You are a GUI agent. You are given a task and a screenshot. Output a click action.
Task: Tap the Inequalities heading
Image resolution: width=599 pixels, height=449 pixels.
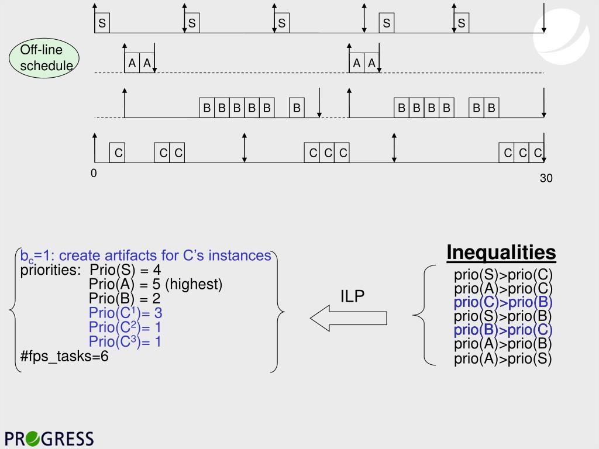(x=501, y=252)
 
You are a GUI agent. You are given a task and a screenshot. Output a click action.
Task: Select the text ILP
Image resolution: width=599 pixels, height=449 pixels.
(x=352, y=296)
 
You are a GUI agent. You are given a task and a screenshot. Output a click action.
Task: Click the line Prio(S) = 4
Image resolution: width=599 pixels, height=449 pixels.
(x=125, y=270)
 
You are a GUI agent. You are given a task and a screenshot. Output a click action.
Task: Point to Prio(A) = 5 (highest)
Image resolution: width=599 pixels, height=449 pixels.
(x=156, y=285)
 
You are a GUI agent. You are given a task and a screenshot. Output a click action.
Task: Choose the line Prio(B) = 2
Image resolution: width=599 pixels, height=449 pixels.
(x=125, y=299)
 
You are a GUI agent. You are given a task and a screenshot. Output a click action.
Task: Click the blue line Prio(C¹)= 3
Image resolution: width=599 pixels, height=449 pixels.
(x=125, y=313)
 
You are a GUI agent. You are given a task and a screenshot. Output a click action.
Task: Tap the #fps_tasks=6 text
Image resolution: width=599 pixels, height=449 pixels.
(x=64, y=356)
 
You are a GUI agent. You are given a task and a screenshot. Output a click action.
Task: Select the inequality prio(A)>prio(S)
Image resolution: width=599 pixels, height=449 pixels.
(x=503, y=359)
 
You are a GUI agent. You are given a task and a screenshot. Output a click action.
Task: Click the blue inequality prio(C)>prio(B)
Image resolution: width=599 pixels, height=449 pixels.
(x=503, y=303)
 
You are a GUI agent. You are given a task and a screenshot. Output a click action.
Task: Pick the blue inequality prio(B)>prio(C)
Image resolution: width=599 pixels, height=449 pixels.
(x=503, y=331)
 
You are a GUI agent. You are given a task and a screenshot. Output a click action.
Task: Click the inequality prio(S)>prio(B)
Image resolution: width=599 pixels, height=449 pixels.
(x=503, y=317)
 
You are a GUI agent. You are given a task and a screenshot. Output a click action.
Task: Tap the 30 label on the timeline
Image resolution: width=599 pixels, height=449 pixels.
(x=546, y=178)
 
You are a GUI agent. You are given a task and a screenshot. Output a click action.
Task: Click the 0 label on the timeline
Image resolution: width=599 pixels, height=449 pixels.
(x=94, y=174)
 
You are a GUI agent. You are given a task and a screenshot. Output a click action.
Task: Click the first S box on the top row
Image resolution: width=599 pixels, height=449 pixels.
(x=102, y=24)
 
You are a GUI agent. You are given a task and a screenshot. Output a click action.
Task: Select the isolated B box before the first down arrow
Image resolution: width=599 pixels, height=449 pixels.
(x=297, y=108)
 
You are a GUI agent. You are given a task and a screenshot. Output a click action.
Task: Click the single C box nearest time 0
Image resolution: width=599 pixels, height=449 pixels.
(x=118, y=153)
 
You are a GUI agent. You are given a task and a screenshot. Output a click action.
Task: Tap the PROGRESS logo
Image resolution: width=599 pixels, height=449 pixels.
(x=49, y=438)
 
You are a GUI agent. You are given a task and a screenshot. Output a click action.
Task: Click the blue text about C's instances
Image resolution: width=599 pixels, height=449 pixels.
(x=146, y=256)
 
